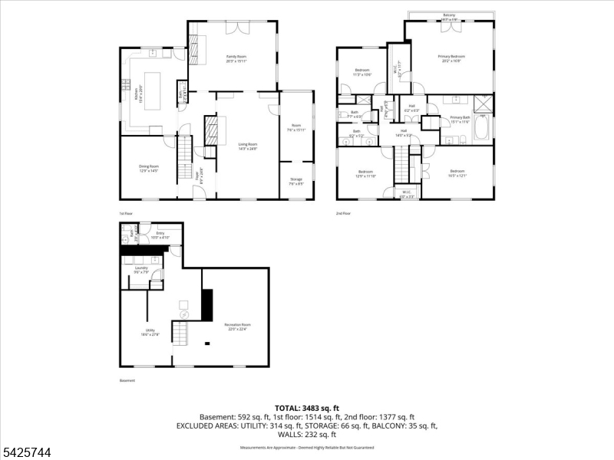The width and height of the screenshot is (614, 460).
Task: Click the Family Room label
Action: pos(236,58)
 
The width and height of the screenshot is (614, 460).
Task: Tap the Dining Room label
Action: pos(149,169)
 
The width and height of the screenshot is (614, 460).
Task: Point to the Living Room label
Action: pos(247,146)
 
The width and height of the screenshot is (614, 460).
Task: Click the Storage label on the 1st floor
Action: pos(296,182)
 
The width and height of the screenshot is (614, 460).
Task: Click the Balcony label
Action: pos(449,15)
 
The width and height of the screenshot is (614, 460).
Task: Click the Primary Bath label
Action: pos(459,119)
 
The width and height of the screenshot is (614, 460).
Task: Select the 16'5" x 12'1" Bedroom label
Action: pos(457,172)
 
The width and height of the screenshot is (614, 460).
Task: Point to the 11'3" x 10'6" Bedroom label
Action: pos(362,72)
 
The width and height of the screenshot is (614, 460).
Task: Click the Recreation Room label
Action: pos(237,326)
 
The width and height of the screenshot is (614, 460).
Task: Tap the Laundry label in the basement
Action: pos(141,269)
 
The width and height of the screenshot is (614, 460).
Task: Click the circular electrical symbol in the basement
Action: pos(184,314)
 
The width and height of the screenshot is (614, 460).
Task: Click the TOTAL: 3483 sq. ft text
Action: pos(307,408)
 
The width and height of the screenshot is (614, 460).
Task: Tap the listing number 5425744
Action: pos(26,453)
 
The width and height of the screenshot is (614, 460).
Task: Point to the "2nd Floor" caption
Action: pos(343,213)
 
